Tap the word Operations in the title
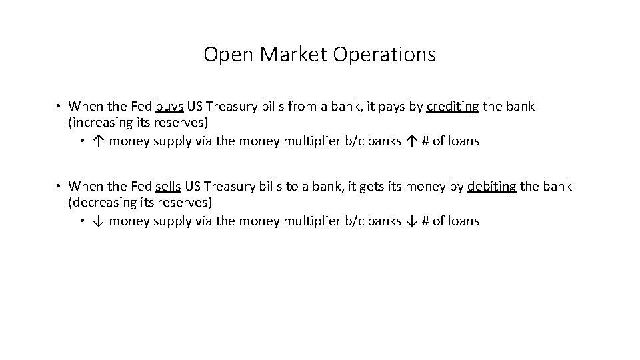click(x=384, y=55)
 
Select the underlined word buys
click(x=170, y=107)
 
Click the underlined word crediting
click(x=453, y=107)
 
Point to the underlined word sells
click(x=168, y=187)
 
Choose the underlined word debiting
click(x=492, y=187)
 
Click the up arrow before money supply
click(x=97, y=141)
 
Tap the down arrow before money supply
click(x=97, y=221)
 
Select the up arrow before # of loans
click(x=411, y=141)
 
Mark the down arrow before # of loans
click(x=411, y=221)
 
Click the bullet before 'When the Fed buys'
click(x=59, y=107)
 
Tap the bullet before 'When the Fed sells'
click(x=59, y=187)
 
